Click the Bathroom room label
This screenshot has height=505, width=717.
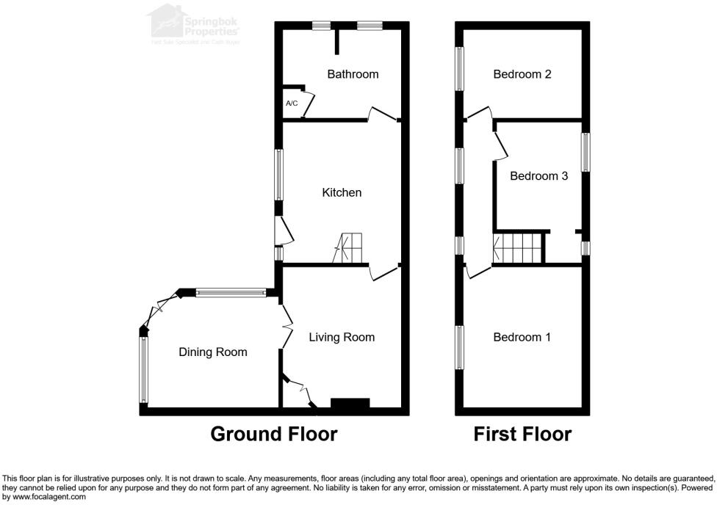point(353,74)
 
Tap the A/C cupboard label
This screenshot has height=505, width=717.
point(292,103)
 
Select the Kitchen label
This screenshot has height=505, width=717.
point(342,192)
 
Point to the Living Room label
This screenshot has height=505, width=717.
point(342,337)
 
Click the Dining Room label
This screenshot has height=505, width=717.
point(213,352)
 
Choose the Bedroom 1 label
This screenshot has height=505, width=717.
point(522,337)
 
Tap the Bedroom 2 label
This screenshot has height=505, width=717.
point(522,74)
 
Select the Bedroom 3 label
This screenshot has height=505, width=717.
point(538,176)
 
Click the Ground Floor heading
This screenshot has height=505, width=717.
point(273,434)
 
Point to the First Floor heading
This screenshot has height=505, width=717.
point(522,434)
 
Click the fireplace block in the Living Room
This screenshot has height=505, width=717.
point(350,404)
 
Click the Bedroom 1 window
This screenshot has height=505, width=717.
point(460,348)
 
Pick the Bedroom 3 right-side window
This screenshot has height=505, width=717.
point(586,152)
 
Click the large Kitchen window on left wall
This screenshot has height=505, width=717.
point(279,175)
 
